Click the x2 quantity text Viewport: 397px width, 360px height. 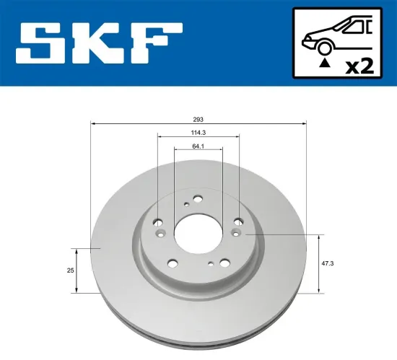tap(358, 66)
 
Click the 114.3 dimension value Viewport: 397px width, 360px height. tap(198, 132)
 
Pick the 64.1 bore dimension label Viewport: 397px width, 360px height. tap(198, 146)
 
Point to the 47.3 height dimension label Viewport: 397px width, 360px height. tap(328, 264)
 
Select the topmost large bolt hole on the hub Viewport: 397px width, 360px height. tap(197, 203)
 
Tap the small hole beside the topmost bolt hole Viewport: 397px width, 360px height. tap(186, 205)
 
